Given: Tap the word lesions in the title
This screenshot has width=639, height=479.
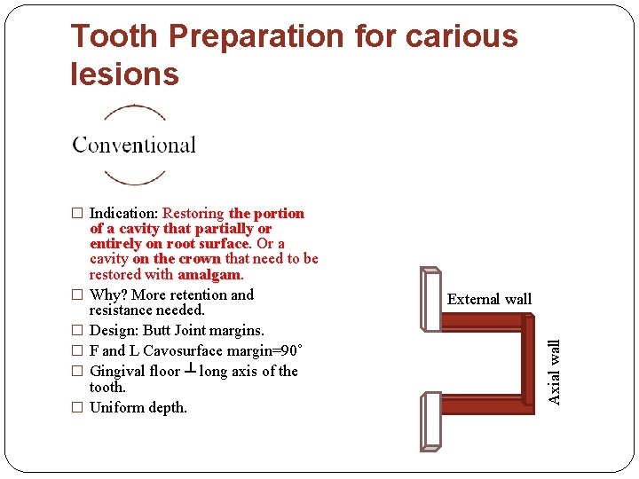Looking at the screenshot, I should click(x=124, y=75).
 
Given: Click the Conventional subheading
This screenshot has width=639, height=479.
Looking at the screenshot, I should click(x=134, y=145).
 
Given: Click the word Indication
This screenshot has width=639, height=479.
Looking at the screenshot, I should click(x=123, y=213).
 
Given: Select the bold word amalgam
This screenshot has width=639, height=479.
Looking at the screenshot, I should click(x=210, y=274).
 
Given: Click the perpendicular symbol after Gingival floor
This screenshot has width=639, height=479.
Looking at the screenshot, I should click(x=189, y=370).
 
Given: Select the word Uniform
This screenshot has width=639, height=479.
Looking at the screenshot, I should click(x=116, y=407).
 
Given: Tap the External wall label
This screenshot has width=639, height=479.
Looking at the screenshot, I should click(x=489, y=300).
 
